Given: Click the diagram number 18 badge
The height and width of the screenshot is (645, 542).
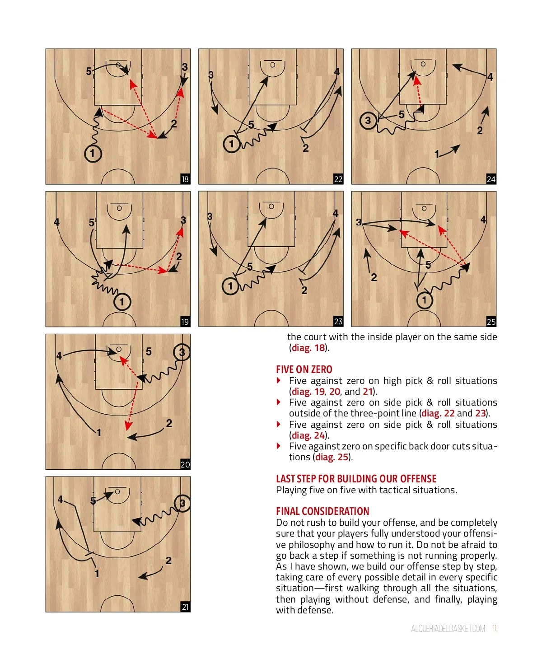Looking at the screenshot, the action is click(185, 179).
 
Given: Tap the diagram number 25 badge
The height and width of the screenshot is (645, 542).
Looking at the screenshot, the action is click(491, 322).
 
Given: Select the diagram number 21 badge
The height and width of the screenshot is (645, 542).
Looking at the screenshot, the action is click(185, 607).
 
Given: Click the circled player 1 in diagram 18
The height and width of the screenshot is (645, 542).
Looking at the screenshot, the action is click(93, 154).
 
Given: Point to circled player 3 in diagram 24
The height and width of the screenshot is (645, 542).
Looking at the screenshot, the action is click(368, 121).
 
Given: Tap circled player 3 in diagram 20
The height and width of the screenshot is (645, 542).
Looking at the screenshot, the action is click(182, 352).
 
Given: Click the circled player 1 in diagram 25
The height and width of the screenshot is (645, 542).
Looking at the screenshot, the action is click(425, 300).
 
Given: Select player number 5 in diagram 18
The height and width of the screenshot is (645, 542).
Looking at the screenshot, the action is click(89, 72).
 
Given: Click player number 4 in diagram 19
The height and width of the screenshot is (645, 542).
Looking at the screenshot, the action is click(56, 222).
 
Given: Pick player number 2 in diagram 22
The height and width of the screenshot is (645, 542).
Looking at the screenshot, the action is click(306, 148).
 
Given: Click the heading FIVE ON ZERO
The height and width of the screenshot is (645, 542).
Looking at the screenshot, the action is click(304, 369).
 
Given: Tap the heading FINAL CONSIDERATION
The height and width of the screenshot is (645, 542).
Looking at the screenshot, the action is click(322, 511).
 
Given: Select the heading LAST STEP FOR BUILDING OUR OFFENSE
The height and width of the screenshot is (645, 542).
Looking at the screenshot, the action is click(356, 479).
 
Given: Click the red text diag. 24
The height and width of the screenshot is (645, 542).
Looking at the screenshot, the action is click(308, 435).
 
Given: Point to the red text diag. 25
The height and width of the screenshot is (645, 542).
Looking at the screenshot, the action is click(332, 457).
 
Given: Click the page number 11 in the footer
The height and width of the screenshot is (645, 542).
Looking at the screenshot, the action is click(495, 628).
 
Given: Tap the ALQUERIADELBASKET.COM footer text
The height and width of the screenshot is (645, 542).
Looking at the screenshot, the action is click(448, 629).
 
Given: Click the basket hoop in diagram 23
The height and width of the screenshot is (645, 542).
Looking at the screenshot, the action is click(271, 206).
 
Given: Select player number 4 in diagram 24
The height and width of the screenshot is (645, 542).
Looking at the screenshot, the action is click(490, 77).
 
